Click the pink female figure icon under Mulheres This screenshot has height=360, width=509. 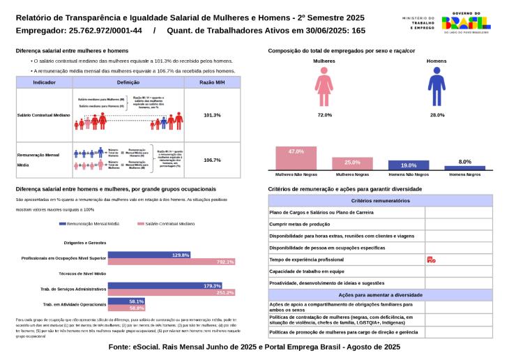(x=324, y=87)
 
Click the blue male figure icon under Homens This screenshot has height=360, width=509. (x=436, y=87)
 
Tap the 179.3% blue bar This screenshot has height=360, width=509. (x=164, y=286)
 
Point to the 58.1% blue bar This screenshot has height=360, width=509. (x=126, y=301)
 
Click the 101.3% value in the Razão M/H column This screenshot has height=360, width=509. (x=212, y=115)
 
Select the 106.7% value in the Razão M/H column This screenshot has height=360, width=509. (x=212, y=160)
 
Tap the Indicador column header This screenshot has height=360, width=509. (x=45, y=82)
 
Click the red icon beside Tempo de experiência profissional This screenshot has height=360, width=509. (x=431, y=260)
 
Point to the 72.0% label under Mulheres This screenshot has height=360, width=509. (x=324, y=114)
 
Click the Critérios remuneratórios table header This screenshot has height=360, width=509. (x=380, y=201)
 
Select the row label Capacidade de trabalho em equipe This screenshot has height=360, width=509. (x=306, y=271)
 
